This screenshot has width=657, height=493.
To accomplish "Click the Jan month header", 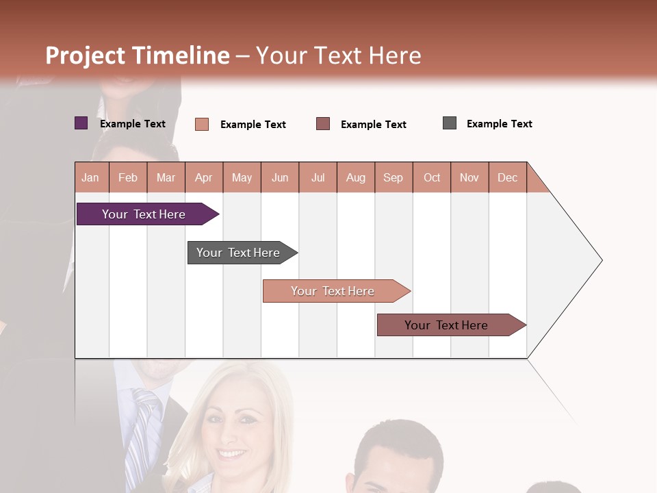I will (91, 177).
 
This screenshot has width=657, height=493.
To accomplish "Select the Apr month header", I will (204, 177).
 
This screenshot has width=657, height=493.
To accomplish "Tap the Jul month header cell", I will (318, 177).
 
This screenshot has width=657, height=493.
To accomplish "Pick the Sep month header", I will (394, 177).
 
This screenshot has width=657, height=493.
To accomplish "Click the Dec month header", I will (508, 177).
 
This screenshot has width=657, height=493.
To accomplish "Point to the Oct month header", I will (432, 177).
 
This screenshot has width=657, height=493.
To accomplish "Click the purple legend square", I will (81, 123).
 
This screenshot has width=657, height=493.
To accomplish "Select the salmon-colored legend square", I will (202, 124).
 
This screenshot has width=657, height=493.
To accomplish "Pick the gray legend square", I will (450, 123).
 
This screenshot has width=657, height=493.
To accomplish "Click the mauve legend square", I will (323, 124).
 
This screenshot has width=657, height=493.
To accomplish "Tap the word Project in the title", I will (86, 55).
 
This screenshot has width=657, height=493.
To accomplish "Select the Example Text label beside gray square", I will (499, 124).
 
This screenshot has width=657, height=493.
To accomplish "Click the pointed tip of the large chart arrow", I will (600, 260).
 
